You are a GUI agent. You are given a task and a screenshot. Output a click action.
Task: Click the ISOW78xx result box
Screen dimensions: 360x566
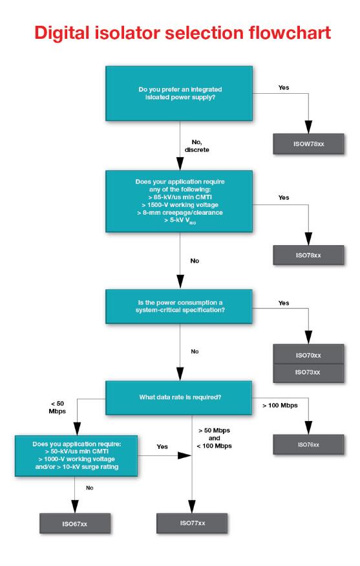pos(308,144)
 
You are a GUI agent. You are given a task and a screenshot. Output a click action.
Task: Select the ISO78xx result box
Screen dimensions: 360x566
pos(308,256)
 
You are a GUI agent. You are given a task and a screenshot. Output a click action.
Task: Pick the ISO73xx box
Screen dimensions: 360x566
pos(308,373)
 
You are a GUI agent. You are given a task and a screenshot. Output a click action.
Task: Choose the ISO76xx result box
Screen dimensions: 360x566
pos(308,444)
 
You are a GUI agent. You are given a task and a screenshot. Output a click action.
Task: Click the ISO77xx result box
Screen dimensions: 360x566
pos(192,523)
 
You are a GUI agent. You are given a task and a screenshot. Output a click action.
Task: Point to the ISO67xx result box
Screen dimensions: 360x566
pos(75,523)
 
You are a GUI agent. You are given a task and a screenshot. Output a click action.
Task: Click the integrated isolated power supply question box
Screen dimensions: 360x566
pos(179,93)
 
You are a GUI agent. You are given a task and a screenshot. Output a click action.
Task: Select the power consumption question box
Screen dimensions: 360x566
pos(179,306)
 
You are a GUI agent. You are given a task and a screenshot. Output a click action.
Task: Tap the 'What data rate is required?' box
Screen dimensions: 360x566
pos(179,397)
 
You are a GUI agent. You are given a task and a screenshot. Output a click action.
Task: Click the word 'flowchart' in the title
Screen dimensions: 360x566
pos(290,33)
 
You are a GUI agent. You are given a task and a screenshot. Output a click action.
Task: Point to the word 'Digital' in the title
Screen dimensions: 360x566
pos(61,34)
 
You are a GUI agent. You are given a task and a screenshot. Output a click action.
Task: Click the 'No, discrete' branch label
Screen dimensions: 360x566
pos(197,146)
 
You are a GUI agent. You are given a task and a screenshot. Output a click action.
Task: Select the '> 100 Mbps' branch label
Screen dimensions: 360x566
pos(281,406)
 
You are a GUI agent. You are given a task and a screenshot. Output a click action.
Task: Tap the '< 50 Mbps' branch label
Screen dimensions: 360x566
pos(58,407)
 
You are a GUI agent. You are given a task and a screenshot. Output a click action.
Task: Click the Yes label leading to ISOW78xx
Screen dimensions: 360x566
pos(284,88)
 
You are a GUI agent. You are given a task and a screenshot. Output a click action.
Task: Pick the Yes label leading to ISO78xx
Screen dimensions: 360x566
pos(284,197)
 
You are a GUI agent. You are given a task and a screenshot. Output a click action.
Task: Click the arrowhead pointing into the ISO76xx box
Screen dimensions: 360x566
pos(308,428)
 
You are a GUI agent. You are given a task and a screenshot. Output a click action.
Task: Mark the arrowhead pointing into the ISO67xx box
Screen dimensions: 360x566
pos(75,506)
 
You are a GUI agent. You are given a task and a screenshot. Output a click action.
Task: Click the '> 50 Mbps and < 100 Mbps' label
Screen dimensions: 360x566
pos(215,438)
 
